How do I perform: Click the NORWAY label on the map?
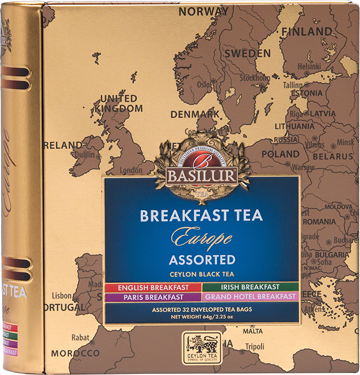pos(204,11)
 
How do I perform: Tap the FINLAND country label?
pos(306,31)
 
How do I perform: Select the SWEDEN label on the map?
pos(247,54)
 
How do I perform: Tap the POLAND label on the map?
pos(280,154)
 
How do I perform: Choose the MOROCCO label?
pos(76,353)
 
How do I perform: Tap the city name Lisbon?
pos(62,295)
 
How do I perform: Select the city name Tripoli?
pos(254,347)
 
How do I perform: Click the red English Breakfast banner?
pos(153,287)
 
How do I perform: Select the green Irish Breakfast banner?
pos(250,287)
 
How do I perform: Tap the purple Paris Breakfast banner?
pos(153,297)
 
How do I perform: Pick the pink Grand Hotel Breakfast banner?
pos(250,297)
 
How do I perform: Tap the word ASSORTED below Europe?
pos(202,259)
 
